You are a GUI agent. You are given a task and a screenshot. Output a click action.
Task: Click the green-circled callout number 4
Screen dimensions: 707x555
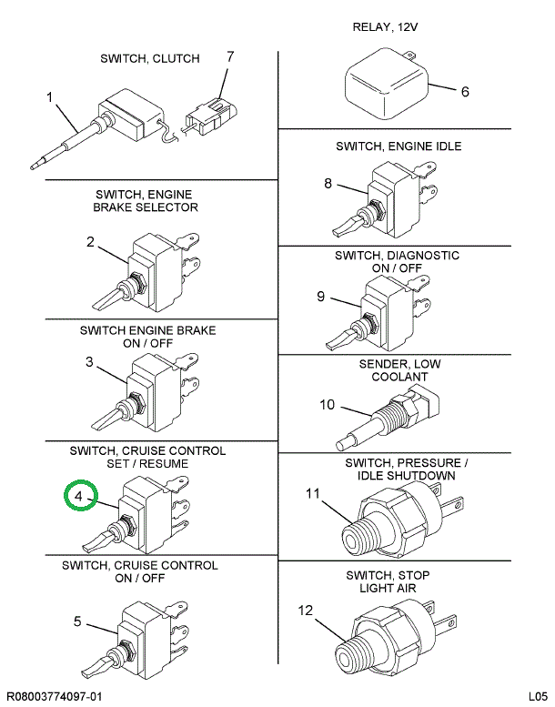(x=79, y=497)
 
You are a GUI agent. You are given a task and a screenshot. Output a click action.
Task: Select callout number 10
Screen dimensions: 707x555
(x=327, y=404)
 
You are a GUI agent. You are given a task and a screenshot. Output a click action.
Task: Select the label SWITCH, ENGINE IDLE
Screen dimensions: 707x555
(x=398, y=146)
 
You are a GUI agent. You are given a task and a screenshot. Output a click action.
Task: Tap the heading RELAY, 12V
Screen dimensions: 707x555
(x=385, y=27)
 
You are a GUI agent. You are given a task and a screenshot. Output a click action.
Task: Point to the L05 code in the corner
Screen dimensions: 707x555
(x=537, y=695)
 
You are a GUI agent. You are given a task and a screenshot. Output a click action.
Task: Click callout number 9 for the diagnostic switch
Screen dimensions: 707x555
(x=320, y=296)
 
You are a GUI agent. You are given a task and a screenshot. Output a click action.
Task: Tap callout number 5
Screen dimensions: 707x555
(x=78, y=621)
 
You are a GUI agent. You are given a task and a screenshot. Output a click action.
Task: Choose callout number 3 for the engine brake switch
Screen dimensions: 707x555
(x=89, y=361)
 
